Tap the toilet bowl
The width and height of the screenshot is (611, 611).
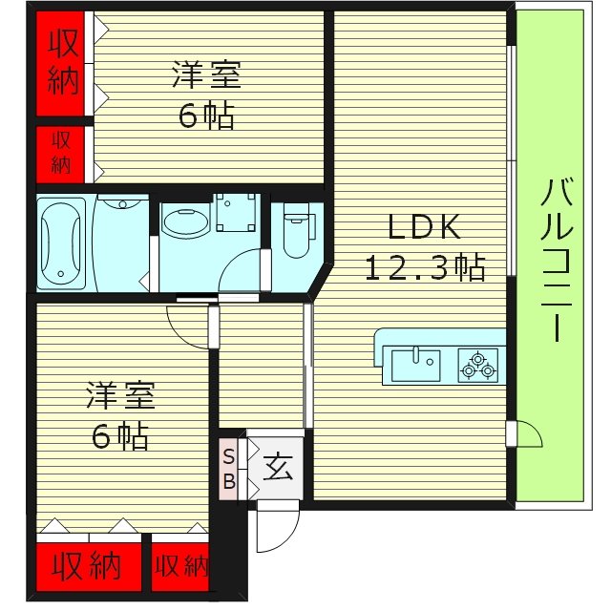[x=297, y=235]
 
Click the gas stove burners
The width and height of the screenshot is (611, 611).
[x=477, y=364]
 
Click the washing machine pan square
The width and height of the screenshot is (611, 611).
[x=234, y=212]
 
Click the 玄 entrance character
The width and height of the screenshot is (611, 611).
[x=278, y=468]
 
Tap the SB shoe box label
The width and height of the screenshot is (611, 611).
[x=229, y=467]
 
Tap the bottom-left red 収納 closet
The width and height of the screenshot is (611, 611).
[x=87, y=567]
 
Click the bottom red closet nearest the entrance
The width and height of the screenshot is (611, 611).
[x=180, y=567]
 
